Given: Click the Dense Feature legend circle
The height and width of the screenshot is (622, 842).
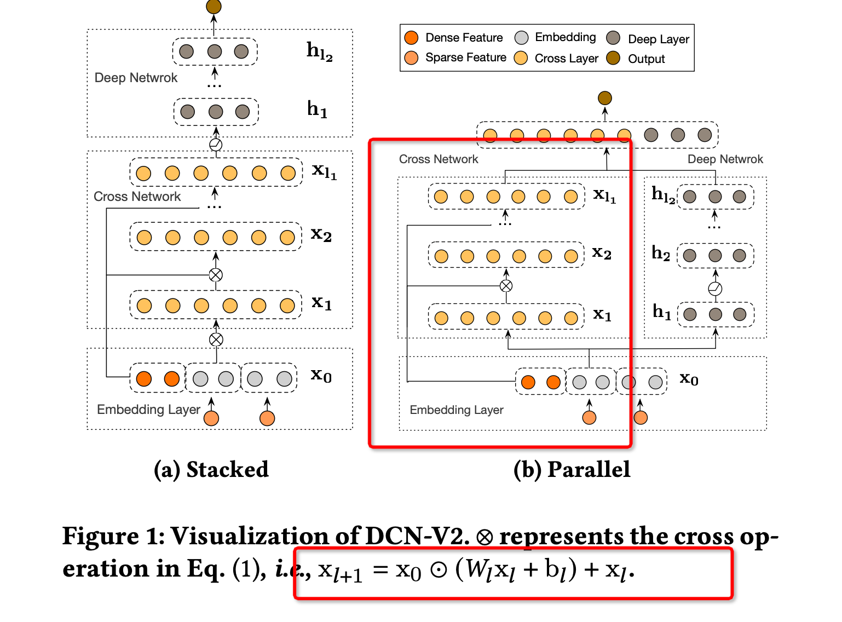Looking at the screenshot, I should pos(411,38).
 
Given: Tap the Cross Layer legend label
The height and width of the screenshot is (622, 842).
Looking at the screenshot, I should pos(566,59).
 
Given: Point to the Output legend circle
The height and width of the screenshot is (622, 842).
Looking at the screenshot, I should pos(613,58).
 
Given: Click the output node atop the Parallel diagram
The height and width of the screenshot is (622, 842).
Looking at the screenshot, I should pos(604,98).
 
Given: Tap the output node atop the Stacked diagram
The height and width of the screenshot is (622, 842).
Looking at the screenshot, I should pos(214,7).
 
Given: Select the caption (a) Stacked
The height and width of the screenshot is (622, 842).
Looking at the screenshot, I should pos(211,470).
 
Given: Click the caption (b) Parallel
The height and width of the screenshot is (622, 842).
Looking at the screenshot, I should pos(572,470).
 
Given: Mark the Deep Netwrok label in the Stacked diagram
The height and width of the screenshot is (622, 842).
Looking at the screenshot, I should pos(136,78).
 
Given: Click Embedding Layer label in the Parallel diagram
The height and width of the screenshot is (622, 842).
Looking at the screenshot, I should pos(456,410).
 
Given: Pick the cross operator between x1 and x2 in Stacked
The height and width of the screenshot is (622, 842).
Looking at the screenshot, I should pos(216,275).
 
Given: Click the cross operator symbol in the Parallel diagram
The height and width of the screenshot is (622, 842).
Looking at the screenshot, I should pos(506,286).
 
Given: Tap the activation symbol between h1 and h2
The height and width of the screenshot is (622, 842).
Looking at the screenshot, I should pos(715,289).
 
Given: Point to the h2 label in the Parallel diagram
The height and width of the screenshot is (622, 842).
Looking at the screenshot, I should pos(661,254).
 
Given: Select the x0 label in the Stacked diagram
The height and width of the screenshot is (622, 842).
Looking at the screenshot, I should pos(321,376).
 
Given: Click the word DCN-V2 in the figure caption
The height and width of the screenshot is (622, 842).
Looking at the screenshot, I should pos(417,536).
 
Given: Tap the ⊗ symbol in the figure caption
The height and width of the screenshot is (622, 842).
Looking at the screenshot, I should pos(484,537).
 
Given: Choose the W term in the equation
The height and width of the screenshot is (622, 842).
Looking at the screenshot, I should pos(475,570).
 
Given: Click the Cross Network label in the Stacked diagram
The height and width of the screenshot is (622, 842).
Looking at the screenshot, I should pos(137,197).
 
